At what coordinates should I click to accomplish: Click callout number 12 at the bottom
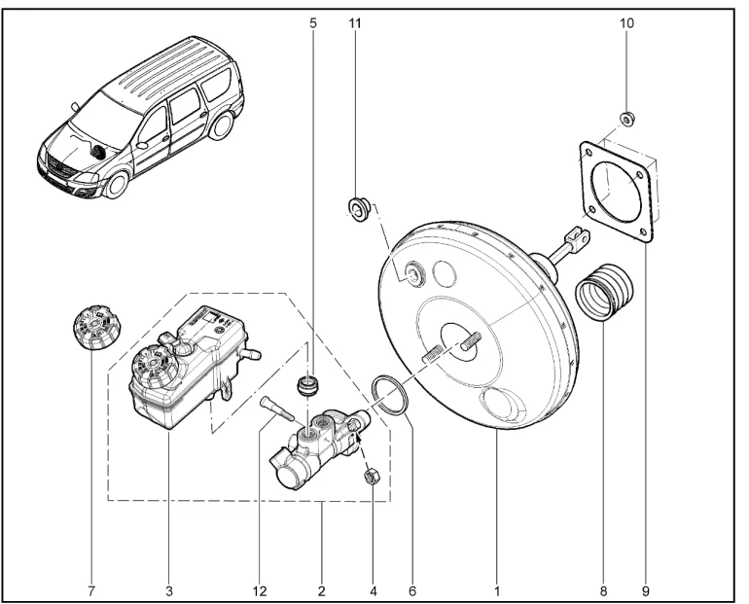coord(260,588)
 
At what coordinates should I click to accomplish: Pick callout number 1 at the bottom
coord(497,588)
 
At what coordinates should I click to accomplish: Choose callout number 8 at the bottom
coord(602,588)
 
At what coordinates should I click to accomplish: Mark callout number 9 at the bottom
coord(644,588)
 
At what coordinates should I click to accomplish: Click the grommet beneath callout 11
coord(356,207)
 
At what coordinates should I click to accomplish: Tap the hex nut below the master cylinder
coord(370,477)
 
